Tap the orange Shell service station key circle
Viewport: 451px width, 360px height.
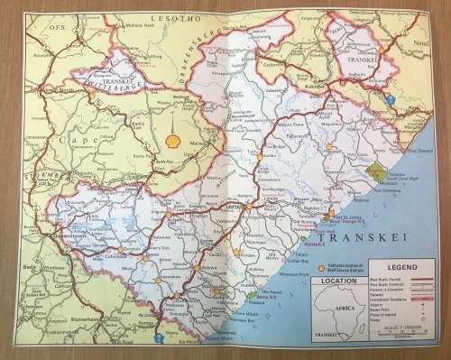point(321,269)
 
